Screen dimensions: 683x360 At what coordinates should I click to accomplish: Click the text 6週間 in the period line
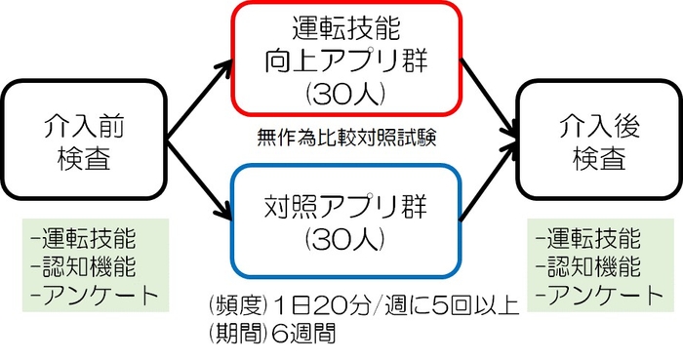pyautogui.click(x=301, y=333)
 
